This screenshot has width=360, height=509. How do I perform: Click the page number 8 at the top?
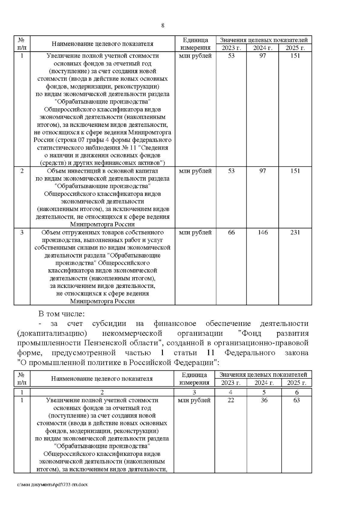(163, 25)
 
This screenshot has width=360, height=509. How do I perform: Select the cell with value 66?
(231, 232)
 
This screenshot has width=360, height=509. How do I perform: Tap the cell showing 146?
(263, 232)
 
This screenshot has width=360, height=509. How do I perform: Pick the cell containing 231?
(295, 232)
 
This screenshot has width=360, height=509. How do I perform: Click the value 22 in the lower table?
(231, 400)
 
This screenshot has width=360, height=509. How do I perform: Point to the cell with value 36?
(264, 400)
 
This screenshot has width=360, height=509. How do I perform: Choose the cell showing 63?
(296, 400)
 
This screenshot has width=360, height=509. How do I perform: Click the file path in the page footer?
(52, 493)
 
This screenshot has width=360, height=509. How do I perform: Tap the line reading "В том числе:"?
(62, 314)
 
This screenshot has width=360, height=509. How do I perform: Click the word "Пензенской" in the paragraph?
(108, 343)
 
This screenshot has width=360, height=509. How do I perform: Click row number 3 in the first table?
(22, 232)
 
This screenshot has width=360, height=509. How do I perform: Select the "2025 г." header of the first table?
(295, 48)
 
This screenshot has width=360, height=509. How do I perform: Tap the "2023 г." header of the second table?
(231, 383)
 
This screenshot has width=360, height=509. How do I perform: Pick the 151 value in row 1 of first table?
(295, 56)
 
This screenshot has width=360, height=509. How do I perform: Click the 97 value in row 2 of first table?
(263, 171)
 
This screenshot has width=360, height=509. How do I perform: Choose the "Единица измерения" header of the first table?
(195, 44)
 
